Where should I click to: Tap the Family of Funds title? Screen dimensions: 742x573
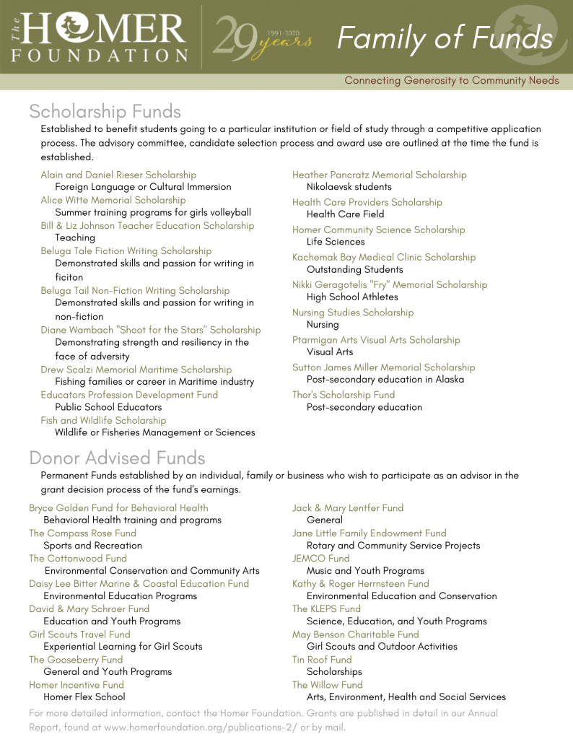[x=445, y=38]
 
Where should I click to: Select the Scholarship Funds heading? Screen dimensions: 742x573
[x=105, y=111]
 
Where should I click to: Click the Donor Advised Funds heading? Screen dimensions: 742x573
[x=117, y=458]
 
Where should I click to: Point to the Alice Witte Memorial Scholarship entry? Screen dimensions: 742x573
[x=113, y=200]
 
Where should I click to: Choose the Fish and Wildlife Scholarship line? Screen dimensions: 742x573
[x=103, y=420]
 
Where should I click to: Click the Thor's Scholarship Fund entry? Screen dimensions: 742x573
[x=344, y=395]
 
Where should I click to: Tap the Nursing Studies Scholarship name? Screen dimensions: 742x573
[x=353, y=313]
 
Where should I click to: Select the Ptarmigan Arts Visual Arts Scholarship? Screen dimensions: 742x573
[x=376, y=340]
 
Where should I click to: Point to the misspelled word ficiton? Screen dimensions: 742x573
[x=69, y=277]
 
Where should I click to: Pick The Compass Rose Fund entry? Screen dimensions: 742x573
[x=82, y=533]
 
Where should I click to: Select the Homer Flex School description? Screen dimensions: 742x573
[x=84, y=697]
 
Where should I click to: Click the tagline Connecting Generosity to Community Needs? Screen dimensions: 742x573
[x=451, y=80]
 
